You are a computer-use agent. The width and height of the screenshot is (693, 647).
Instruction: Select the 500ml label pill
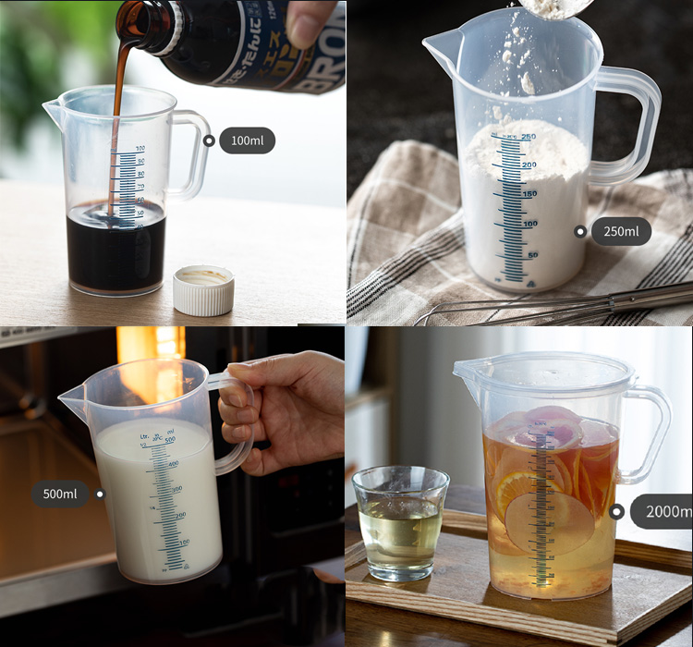coord(60,494)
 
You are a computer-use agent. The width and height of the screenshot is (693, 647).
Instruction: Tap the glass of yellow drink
coord(400,522)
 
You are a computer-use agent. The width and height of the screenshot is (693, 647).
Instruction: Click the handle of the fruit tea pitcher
coord(650,434)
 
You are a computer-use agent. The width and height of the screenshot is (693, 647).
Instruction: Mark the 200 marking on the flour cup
coord(529,165)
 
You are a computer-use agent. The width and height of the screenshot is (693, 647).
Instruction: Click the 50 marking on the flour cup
coord(532,254)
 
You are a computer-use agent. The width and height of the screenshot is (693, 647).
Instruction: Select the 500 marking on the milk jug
coord(171,440)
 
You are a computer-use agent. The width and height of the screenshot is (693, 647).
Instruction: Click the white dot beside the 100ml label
coord(210,140)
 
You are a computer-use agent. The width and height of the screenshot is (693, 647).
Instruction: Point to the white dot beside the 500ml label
coord(100,494)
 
